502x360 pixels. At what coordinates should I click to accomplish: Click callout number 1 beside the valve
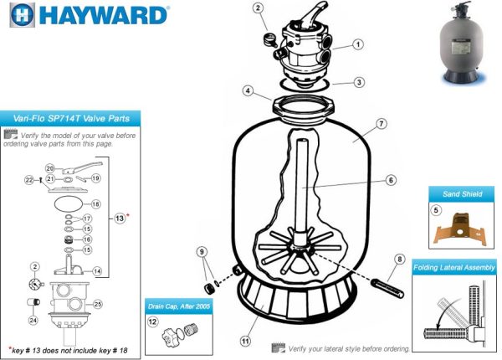(x=357, y=44)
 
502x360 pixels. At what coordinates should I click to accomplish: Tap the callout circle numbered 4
(x=248, y=90)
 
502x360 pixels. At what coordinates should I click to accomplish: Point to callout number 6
(x=391, y=179)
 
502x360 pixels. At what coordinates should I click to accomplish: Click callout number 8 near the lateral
(x=399, y=260)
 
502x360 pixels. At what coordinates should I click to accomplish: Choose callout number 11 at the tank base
(x=246, y=341)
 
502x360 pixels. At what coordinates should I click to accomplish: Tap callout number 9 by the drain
(x=201, y=250)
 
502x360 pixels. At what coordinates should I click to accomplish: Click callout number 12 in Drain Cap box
(x=152, y=321)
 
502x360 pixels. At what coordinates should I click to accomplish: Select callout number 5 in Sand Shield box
(x=437, y=210)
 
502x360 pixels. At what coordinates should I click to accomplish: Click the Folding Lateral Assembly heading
(x=455, y=268)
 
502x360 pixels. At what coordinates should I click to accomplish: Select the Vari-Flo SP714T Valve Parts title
(x=71, y=120)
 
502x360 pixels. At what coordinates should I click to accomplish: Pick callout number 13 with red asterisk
(x=119, y=219)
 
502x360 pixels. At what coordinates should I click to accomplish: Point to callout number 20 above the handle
(x=49, y=167)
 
